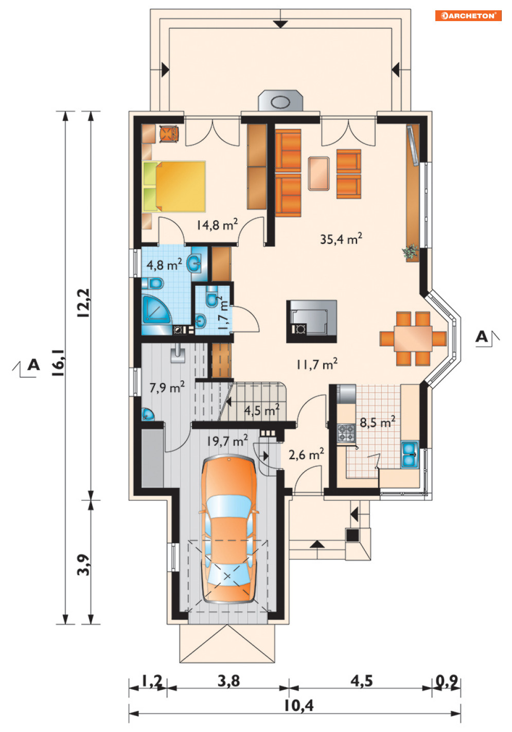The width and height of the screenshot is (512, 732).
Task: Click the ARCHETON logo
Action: (x=468, y=15)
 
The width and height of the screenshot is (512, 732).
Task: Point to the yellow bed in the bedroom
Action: (x=174, y=186)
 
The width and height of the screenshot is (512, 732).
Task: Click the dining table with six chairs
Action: (x=413, y=338)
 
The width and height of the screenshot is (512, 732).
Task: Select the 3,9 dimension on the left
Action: (x=83, y=565)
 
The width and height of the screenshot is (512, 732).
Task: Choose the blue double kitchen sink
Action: (x=410, y=455)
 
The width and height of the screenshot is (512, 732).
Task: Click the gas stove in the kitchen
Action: (x=346, y=433)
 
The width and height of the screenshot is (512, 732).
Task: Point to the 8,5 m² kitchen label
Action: (x=377, y=422)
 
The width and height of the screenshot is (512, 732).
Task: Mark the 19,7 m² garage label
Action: (x=227, y=441)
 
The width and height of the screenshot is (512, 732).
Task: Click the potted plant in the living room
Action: (x=411, y=252)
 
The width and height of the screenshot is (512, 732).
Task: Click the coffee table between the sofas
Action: (x=319, y=173)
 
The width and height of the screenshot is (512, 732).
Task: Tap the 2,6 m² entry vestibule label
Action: (x=306, y=454)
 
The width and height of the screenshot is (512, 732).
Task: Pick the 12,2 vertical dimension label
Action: (x=83, y=303)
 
